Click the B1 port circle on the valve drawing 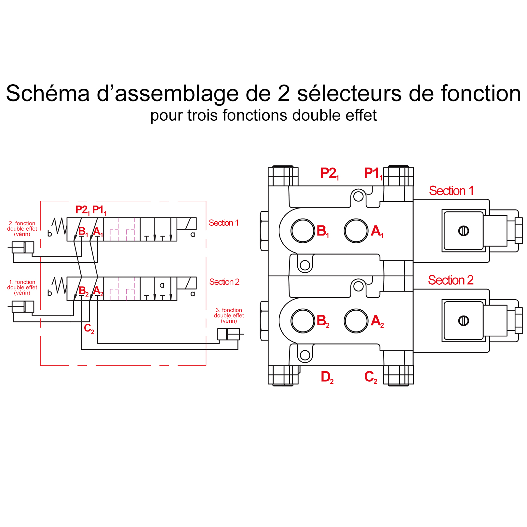click(x=303, y=231)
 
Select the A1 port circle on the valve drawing click(x=356, y=231)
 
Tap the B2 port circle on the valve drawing click(x=303, y=321)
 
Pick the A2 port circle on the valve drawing click(x=356, y=321)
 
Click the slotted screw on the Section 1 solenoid click(x=463, y=231)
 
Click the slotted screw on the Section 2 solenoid click(x=463, y=321)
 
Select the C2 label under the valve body click(x=371, y=377)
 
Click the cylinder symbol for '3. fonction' click(x=228, y=334)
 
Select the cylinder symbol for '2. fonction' click(x=23, y=248)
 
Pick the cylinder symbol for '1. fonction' click(x=23, y=306)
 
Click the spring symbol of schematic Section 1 click(x=59, y=226)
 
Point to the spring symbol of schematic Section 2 click(x=59, y=285)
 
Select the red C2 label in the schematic click(x=89, y=329)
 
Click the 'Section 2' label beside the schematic click(x=224, y=282)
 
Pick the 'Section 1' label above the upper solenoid click(x=451, y=191)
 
